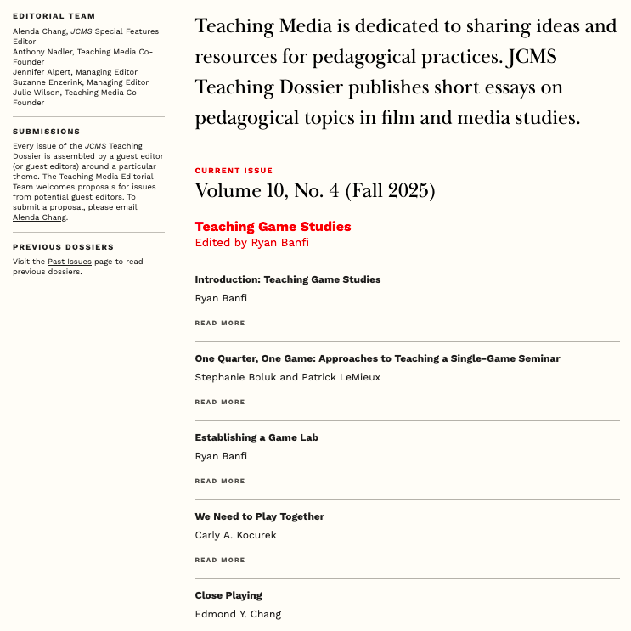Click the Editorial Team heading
tap(54, 16)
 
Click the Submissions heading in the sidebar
tap(47, 132)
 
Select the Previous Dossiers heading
tap(64, 247)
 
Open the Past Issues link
tap(70, 262)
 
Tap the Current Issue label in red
tap(234, 171)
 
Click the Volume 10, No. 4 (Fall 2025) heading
tap(314, 191)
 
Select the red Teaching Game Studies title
tap(273, 227)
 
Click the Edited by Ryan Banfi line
tap(252, 242)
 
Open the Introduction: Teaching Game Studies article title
tap(287, 279)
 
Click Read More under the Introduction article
tap(219, 323)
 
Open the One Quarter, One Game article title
tap(377, 358)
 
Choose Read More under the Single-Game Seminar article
tap(219, 402)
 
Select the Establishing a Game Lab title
tap(256, 437)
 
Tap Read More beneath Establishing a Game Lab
tap(219, 481)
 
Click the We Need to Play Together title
tap(259, 516)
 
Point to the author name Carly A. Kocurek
tap(235, 535)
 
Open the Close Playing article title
tap(228, 595)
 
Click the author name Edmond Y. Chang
tap(238, 614)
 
